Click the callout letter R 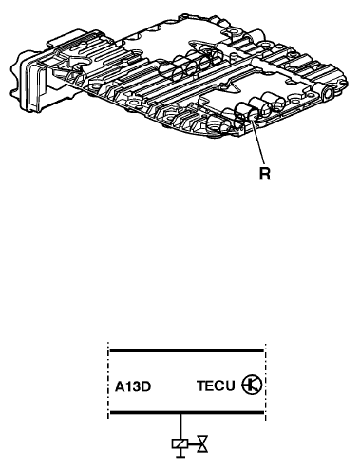265,174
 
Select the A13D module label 133,386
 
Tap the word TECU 216,386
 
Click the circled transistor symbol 252,385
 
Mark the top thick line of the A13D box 186,350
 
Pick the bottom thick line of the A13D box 186,413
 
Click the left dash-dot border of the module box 108,381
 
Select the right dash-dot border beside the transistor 265,381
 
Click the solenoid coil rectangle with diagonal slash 180,444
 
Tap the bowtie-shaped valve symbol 202,444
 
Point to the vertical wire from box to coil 180,427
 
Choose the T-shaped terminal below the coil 180,453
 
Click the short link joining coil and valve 193,444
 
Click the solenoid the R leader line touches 246,114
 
